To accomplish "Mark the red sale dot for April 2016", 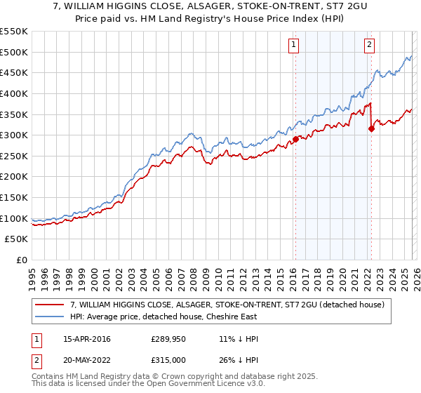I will pos(295,139).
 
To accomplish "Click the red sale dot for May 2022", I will pos(371,128).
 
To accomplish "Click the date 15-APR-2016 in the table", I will pos(86,339).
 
